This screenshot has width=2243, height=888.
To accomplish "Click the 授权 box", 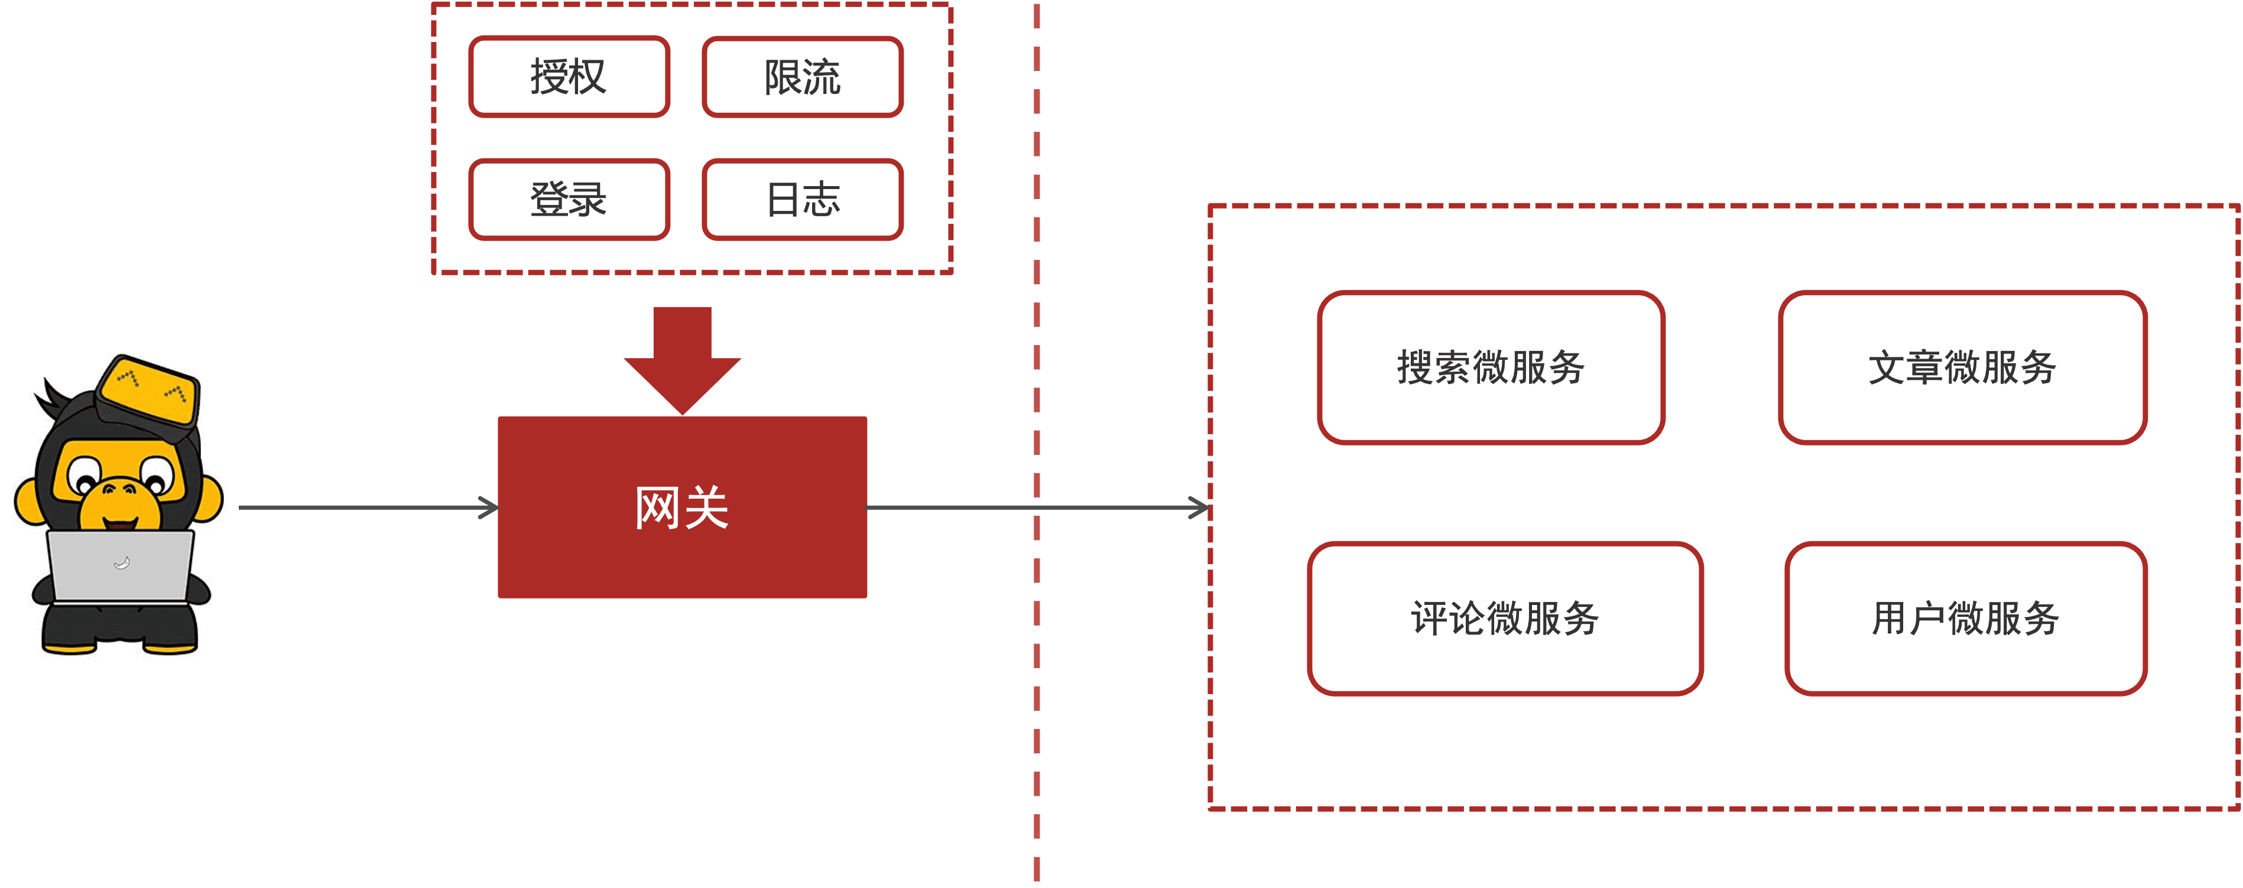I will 569,77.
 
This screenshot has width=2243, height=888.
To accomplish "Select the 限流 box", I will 802,77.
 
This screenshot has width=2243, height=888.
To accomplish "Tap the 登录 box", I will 569,199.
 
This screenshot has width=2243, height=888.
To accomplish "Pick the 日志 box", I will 802,199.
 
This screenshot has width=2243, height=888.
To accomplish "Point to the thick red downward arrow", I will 682,357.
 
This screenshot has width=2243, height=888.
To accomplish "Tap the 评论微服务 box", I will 1505,618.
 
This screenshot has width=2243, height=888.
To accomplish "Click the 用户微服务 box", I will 1965,618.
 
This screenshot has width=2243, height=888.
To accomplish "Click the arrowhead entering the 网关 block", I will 489,507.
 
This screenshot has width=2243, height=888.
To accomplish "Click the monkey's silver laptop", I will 120,566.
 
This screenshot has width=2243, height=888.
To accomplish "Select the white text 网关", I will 682,508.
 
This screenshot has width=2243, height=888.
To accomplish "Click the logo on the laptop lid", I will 122,563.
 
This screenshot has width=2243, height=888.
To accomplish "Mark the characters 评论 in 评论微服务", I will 1448,618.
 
